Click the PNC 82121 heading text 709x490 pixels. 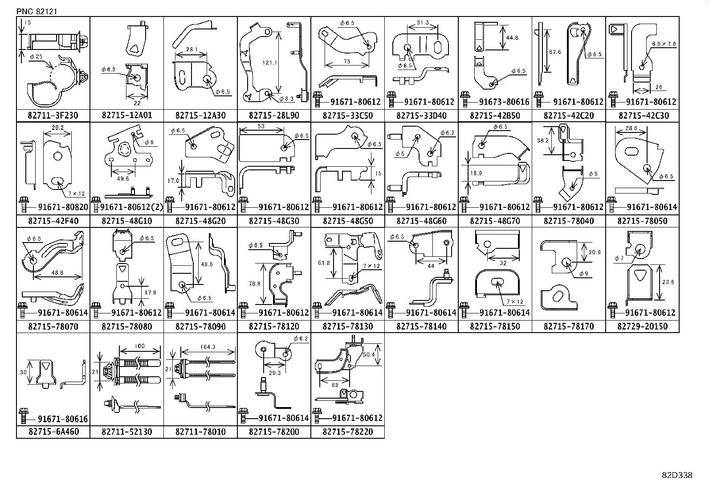click(x=37, y=11)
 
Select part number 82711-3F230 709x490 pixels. click(x=53, y=116)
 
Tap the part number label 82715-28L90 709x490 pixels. click(x=274, y=116)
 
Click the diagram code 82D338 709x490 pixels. click(x=676, y=475)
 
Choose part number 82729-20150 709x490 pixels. click(x=642, y=326)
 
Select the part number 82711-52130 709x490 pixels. click(x=126, y=432)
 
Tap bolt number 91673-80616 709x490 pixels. click(x=501, y=102)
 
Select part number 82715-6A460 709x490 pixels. click(x=53, y=432)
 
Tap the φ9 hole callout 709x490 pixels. click(x=583, y=274)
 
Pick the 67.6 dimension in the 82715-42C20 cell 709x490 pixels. click(x=555, y=52)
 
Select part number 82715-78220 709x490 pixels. click(x=347, y=432)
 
